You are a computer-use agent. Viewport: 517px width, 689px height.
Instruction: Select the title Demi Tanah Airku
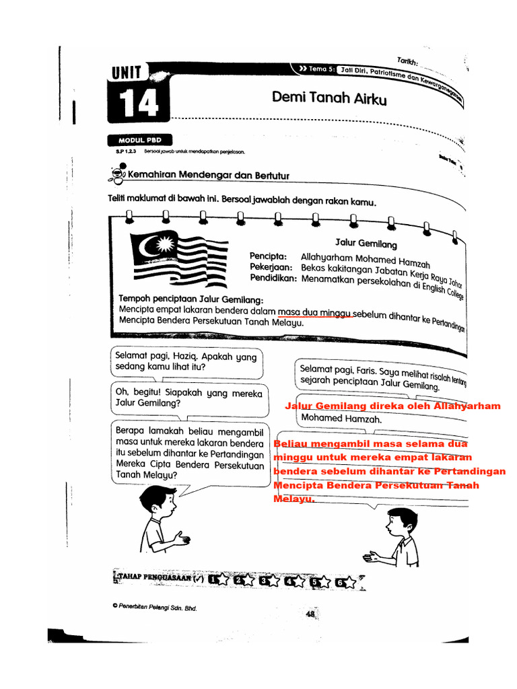329,98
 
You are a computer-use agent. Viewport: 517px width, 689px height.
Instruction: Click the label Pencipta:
269,256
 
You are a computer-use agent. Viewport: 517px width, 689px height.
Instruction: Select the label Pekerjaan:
272,267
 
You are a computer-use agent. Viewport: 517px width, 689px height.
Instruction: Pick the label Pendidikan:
273,278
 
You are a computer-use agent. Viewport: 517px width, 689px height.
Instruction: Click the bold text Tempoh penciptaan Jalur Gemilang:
191,299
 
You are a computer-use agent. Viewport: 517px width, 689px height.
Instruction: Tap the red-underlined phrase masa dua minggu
315,312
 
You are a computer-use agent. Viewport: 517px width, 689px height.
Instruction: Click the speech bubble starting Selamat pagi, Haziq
186,363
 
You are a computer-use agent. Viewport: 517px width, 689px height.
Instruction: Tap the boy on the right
397,538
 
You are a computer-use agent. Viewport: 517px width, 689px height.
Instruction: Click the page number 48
310,614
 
